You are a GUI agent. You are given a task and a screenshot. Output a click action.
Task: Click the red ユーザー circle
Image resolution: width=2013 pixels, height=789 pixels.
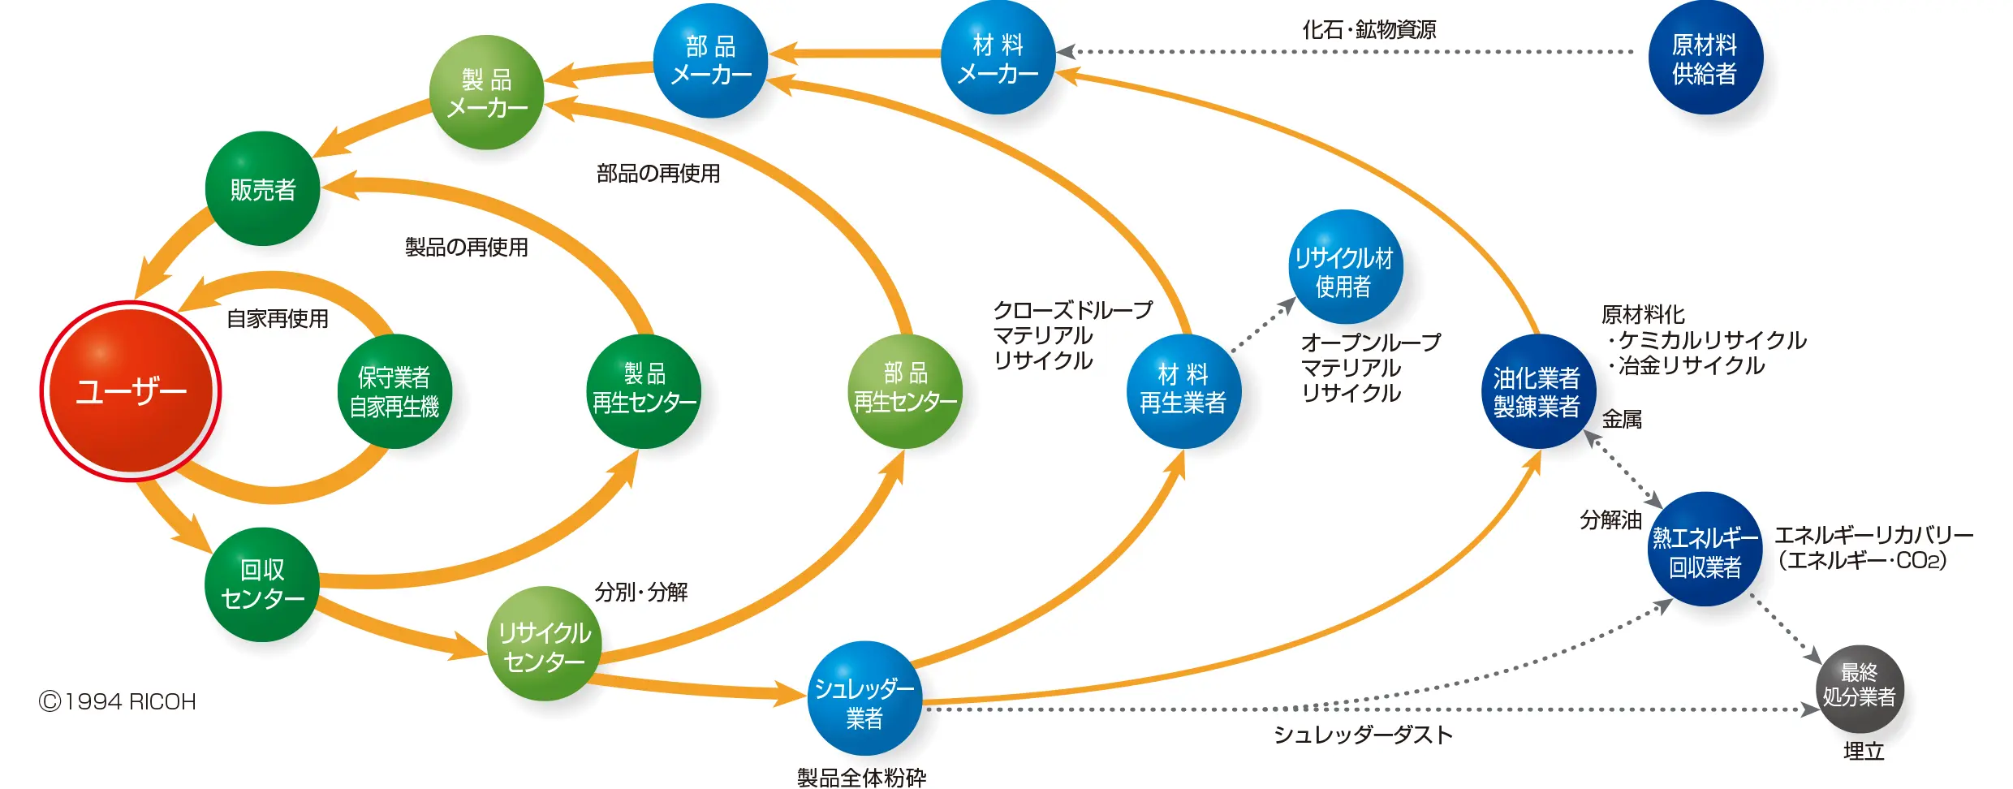click(x=131, y=391)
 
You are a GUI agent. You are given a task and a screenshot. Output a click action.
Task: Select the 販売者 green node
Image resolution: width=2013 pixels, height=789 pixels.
click(x=262, y=189)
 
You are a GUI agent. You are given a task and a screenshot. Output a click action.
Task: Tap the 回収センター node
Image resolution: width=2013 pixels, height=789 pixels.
click(x=262, y=584)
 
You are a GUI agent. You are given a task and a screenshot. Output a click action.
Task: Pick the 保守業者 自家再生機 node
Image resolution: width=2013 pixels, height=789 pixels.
click(x=394, y=391)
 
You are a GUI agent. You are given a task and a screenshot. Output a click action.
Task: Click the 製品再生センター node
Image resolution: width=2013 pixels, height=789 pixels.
click(x=644, y=390)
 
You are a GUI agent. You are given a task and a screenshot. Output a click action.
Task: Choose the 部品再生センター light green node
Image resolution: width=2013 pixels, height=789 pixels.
click(x=905, y=390)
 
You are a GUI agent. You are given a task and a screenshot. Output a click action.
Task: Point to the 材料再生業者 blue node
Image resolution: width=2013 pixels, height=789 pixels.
click(x=1183, y=390)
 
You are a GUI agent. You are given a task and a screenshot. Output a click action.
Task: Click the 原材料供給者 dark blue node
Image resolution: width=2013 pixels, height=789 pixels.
click(x=1705, y=58)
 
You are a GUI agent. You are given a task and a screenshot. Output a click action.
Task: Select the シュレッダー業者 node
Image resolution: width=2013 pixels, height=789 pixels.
click(x=864, y=699)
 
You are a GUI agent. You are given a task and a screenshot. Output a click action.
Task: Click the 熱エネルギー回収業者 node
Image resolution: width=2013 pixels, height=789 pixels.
click(x=1705, y=550)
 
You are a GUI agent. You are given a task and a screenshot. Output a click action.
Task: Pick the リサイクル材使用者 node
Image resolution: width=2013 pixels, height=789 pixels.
click(x=1345, y=268)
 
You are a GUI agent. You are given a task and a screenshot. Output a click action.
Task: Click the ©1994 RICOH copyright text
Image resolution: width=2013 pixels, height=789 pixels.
click(x=118, y=701)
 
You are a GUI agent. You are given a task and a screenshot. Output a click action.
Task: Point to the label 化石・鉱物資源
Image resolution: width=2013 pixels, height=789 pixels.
click(x=1369, y=30)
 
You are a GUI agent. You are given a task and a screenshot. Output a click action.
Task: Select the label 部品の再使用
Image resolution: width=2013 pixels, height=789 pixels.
click(x=658, y=174)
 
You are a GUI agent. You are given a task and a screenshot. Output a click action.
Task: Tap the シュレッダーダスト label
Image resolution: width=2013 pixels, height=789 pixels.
click(x=1363, y=735)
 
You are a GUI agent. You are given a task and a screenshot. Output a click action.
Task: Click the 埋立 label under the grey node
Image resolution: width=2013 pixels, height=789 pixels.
click(x=1863, y=751)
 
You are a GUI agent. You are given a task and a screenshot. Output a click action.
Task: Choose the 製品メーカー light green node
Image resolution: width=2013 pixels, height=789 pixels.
click(x=486, y=93)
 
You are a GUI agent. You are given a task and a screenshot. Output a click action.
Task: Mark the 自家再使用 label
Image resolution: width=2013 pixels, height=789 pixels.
click(x=278, y=318)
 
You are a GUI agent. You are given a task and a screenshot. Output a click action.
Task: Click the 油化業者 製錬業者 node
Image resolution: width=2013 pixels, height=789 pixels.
click(x=1537, y=391)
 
